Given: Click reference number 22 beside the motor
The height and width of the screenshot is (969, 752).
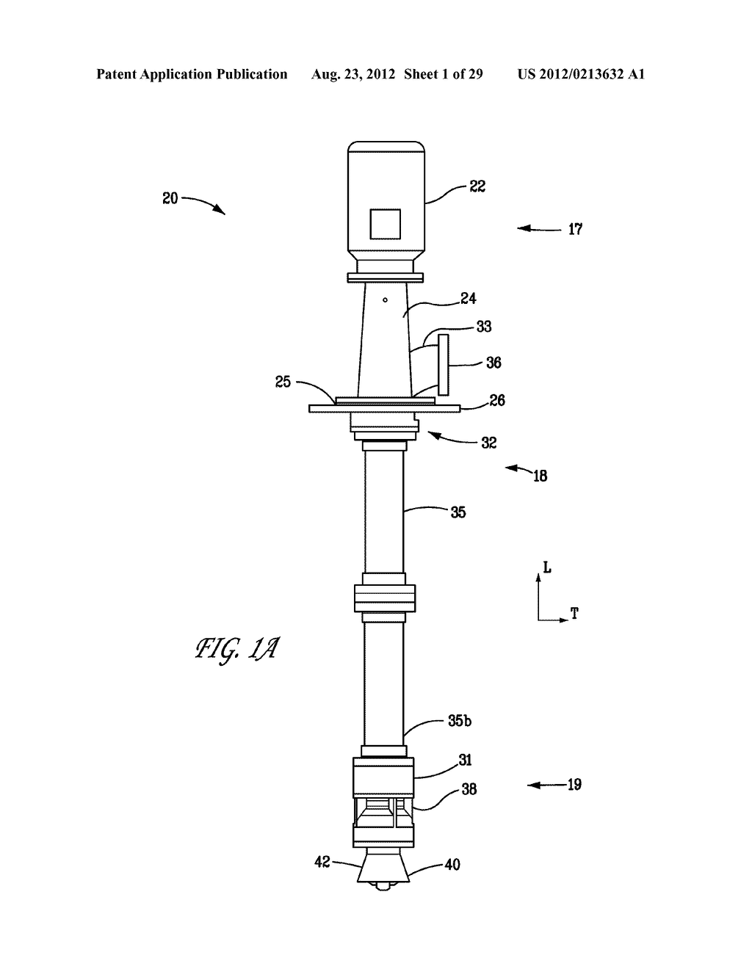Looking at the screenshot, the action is tap(477, 186).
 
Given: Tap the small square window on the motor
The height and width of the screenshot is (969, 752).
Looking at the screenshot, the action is tap(385, 224).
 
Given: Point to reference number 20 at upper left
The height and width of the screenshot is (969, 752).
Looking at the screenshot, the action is tap(170, 198).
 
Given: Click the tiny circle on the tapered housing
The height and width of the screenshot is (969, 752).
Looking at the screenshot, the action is tap(385, 300).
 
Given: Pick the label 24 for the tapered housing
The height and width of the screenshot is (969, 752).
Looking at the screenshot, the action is tap(469, 298).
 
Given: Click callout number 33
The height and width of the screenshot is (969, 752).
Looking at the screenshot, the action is tap(484, 327).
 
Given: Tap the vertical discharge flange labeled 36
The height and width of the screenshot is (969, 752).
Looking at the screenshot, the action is tap(444, 366).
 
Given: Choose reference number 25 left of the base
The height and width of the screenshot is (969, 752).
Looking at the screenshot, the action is tap(283, 382).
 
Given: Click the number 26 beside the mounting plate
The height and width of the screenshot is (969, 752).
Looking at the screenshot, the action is tap(497, 400).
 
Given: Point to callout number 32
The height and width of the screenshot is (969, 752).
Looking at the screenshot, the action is tap(489, 443).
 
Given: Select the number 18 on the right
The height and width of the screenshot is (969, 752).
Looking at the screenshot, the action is tap(540, 476).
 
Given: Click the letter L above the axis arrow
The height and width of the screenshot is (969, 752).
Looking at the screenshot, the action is tap(547, 567).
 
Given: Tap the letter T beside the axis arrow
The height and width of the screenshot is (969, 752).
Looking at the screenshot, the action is tap(574, 614).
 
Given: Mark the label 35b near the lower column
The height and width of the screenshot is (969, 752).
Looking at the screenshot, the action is tap(460, 721).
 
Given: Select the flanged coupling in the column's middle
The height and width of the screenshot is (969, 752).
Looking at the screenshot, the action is tap(385, 598).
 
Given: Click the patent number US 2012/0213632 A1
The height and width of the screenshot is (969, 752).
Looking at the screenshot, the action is tap(581, 74).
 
